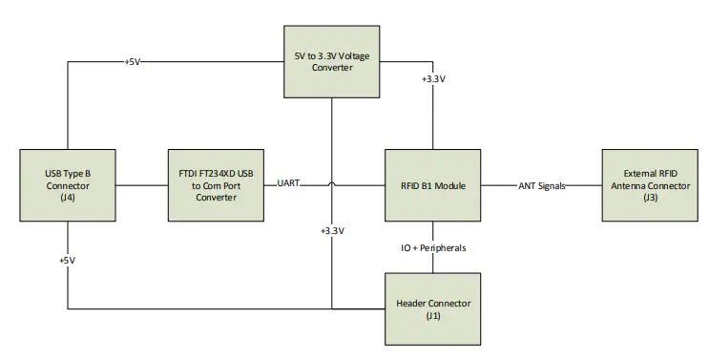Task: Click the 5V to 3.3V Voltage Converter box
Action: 331,62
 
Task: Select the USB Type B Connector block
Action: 68,185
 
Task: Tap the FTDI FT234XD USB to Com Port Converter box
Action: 215,185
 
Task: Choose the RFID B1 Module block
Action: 433,185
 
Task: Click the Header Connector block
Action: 433,308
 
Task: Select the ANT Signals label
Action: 541,185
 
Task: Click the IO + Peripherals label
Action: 433,248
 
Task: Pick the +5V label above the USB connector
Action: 135,62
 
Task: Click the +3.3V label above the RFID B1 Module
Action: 433,79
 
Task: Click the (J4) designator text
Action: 68,199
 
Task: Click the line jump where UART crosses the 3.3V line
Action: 331,185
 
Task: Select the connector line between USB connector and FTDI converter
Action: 141,185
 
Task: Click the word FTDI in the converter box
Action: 184,173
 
